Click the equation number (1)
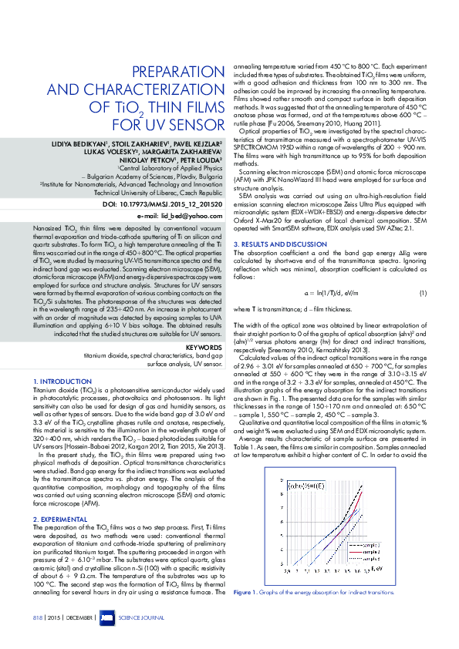[423, 272]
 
